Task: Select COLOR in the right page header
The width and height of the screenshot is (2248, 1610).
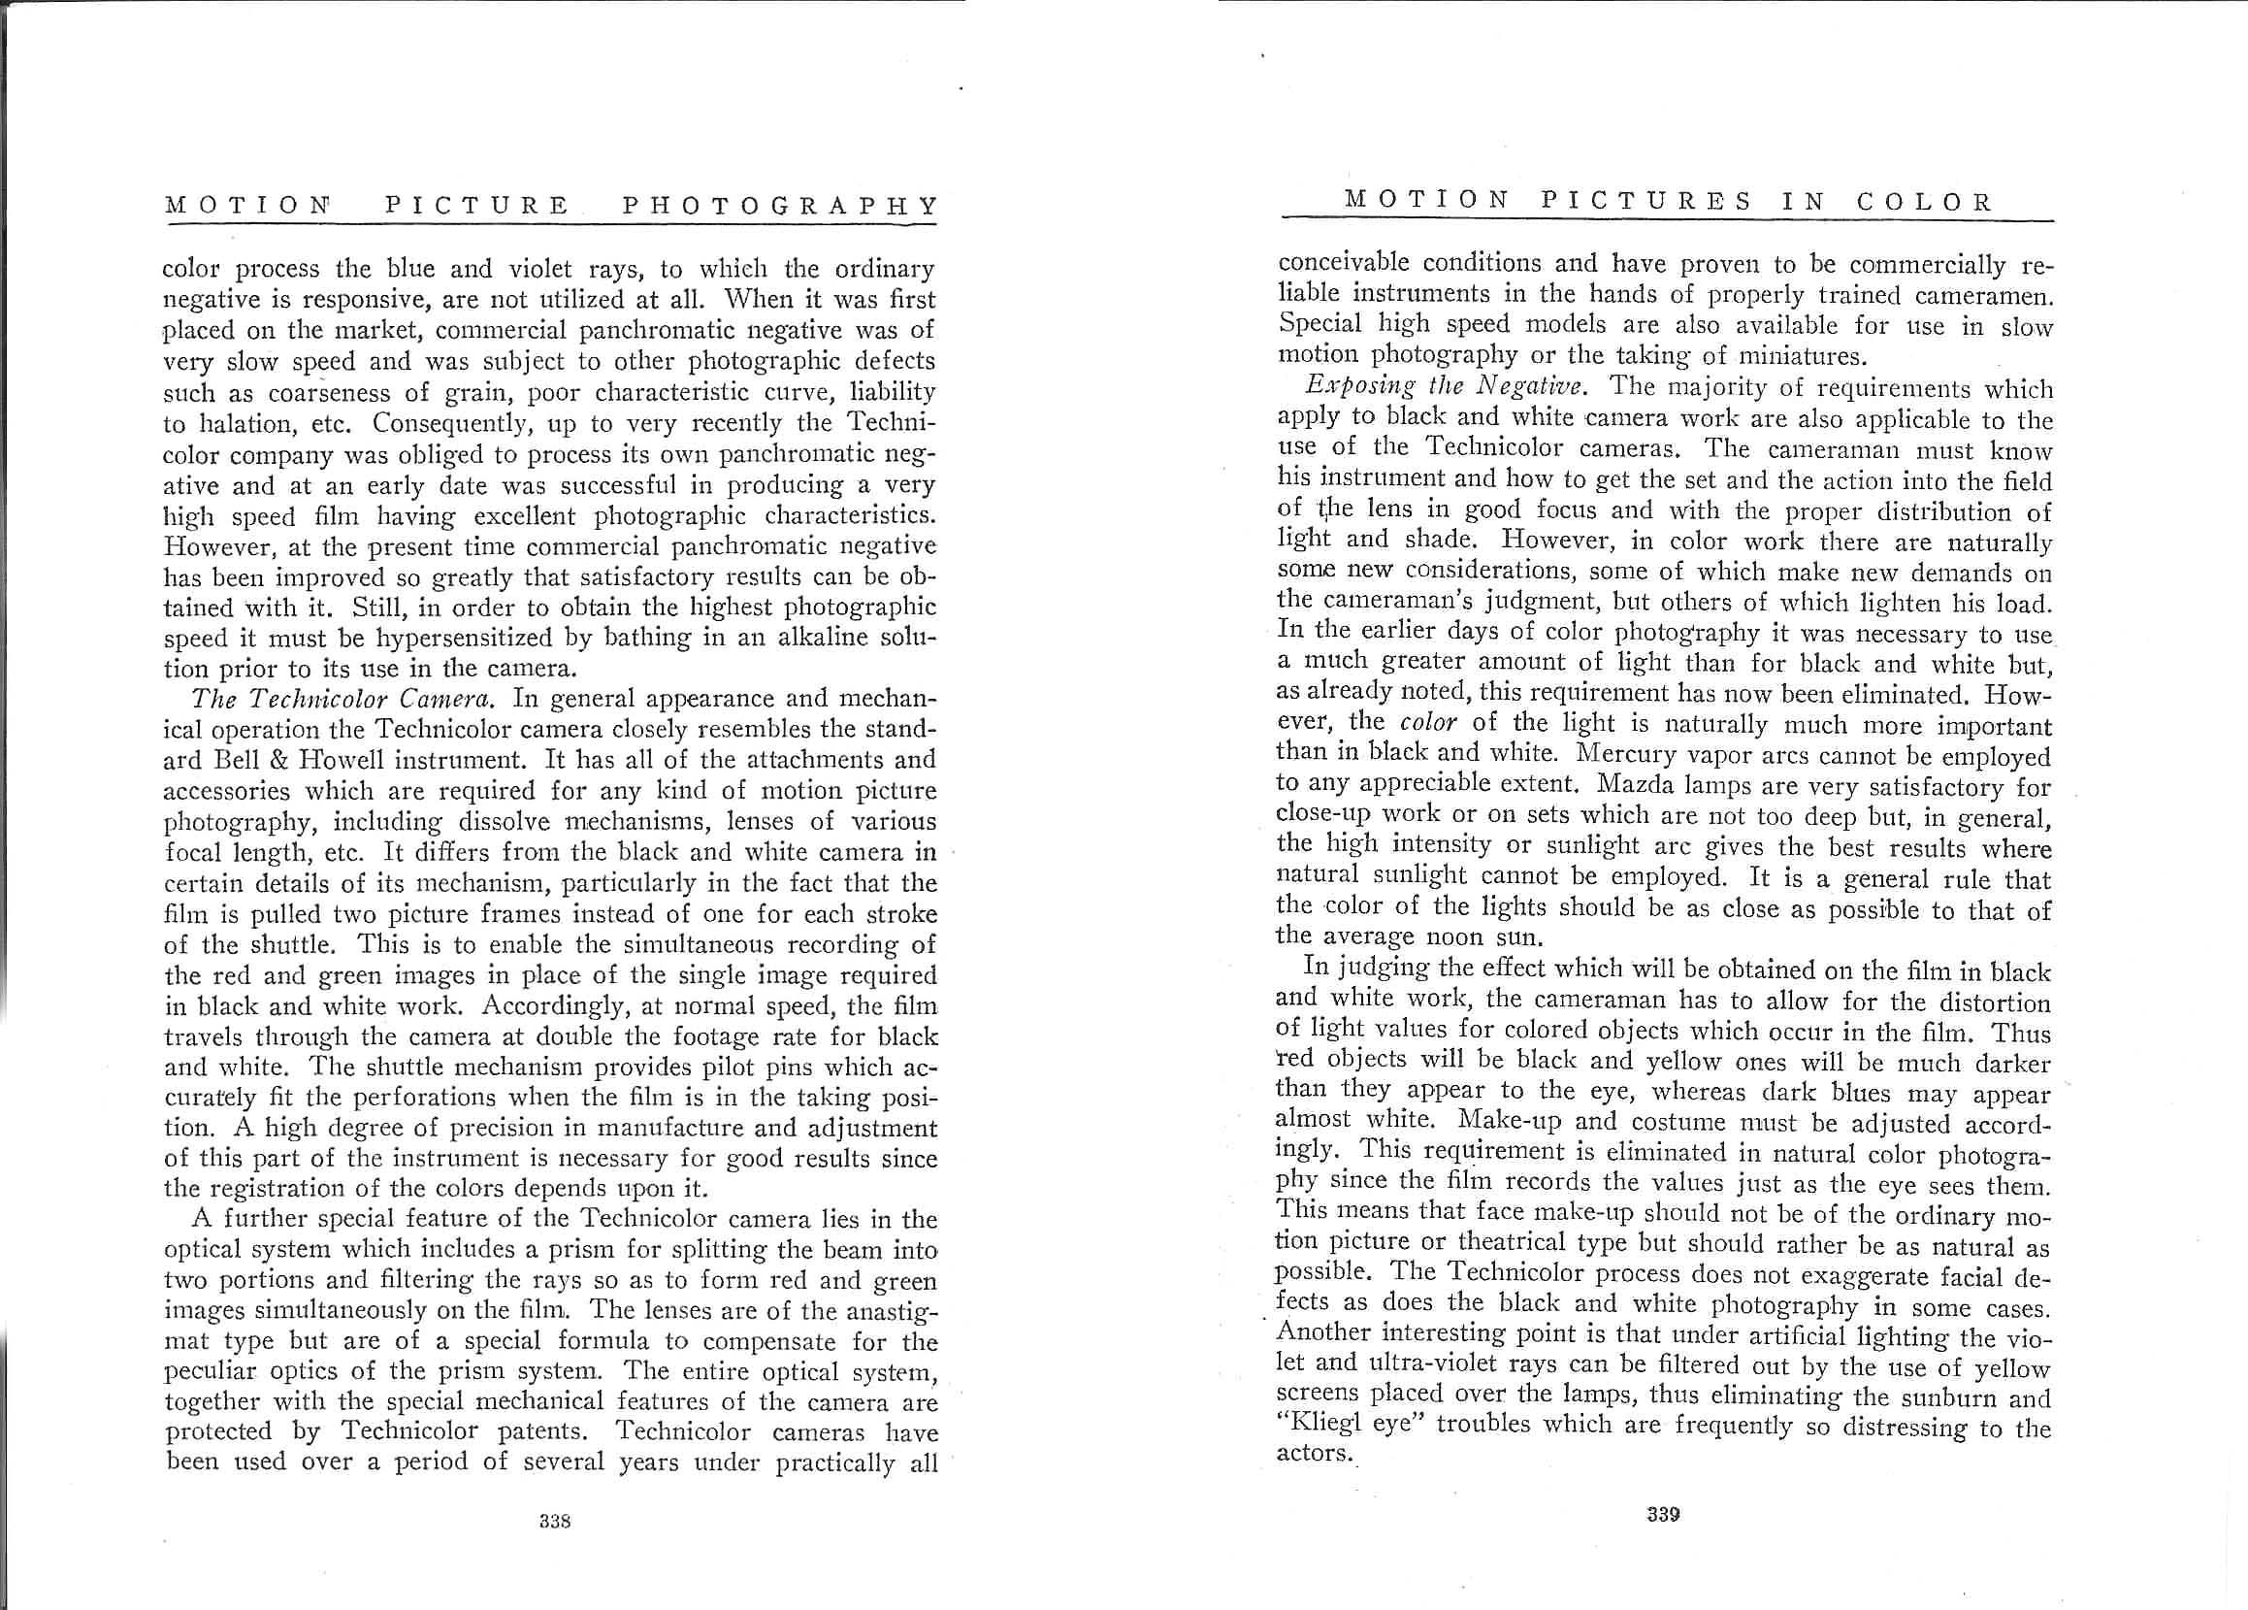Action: tap(1923, 201)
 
